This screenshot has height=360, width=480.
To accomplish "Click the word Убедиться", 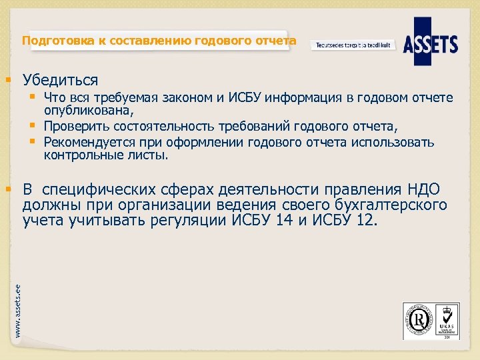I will pyautogui.click(x=60, y=81).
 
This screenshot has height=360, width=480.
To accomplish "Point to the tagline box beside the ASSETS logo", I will pyautogui.click(x=353, y=45).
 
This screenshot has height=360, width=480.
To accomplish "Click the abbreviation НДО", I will pyautogui.click(x=421, y=189).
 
